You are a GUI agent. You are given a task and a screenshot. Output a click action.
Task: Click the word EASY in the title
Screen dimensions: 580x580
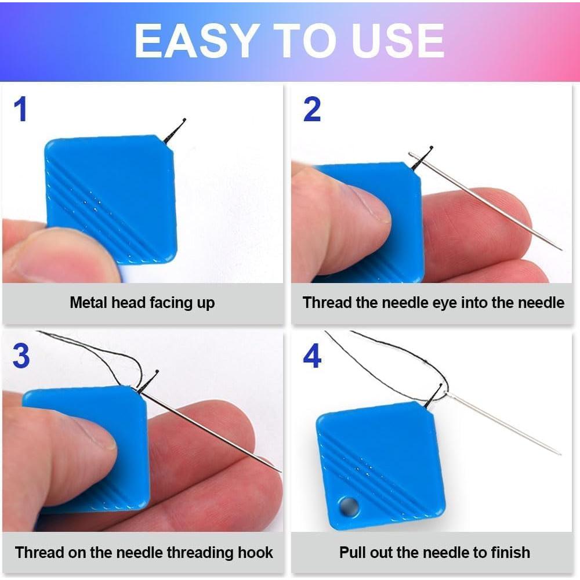pyautogui.click(x=195, y=41)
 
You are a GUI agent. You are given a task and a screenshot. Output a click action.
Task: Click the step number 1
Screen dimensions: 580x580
pyautogui.click(x=21, y=110)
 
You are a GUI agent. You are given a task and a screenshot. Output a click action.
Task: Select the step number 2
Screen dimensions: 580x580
pyautogui.click(x=311, y=110)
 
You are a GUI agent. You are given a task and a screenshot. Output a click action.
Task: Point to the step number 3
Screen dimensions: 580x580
pyautogui.click(x=21, y=356)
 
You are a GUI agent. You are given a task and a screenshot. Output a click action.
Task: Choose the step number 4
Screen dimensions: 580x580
pyautogui.click(x=312, y=356)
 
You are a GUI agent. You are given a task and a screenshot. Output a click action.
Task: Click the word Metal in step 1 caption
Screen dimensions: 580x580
pyautogui.click(x=89, y=302)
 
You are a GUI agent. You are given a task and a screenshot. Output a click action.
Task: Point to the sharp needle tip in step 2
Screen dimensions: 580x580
pyautogui.click(x=559, y=249)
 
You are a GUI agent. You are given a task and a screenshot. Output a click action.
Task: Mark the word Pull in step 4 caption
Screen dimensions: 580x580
pyautogui.click(x=352, y=552)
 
